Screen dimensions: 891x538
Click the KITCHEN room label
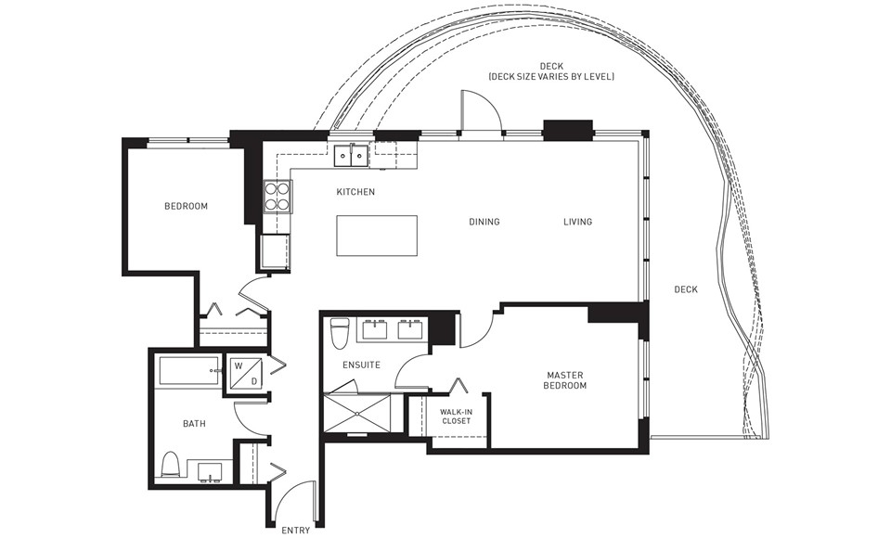(x=355, y=192)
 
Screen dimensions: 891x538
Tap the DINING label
(x=484, y=222)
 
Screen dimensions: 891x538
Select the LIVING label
(x=578, y=222)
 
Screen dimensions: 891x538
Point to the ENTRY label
(x=296, y=531)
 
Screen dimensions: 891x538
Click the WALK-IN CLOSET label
(x=457, y=416)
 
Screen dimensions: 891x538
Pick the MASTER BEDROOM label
(x=565, y=380)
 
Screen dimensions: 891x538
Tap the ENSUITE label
(x=361, y=365)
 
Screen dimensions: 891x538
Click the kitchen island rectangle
(x=377, y=236)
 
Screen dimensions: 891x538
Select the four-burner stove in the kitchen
(x=278, y=196)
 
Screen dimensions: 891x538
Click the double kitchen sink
(x=351, y=156)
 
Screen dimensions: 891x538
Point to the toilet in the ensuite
(x=340, y=334)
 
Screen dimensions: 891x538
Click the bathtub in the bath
(x=189, y=372)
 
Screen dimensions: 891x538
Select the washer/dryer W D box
(x=246, y=372)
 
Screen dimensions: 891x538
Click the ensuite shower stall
(x=356, y=413)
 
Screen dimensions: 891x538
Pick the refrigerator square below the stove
(x=275, y=250)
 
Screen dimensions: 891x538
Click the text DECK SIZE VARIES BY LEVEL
(x=551, y=76)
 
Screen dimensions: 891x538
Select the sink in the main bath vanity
(x=211, y=471)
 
